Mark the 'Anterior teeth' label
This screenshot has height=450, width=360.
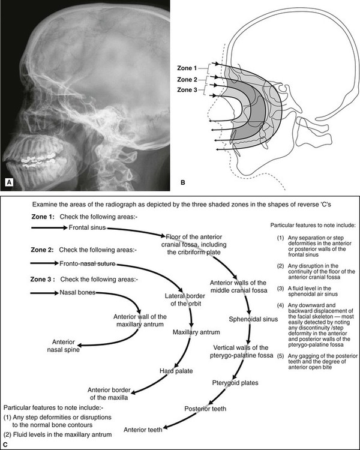coord(145,428)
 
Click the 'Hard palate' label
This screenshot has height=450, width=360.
coord(176,371)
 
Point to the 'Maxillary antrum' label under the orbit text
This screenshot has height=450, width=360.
coord(194,331)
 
